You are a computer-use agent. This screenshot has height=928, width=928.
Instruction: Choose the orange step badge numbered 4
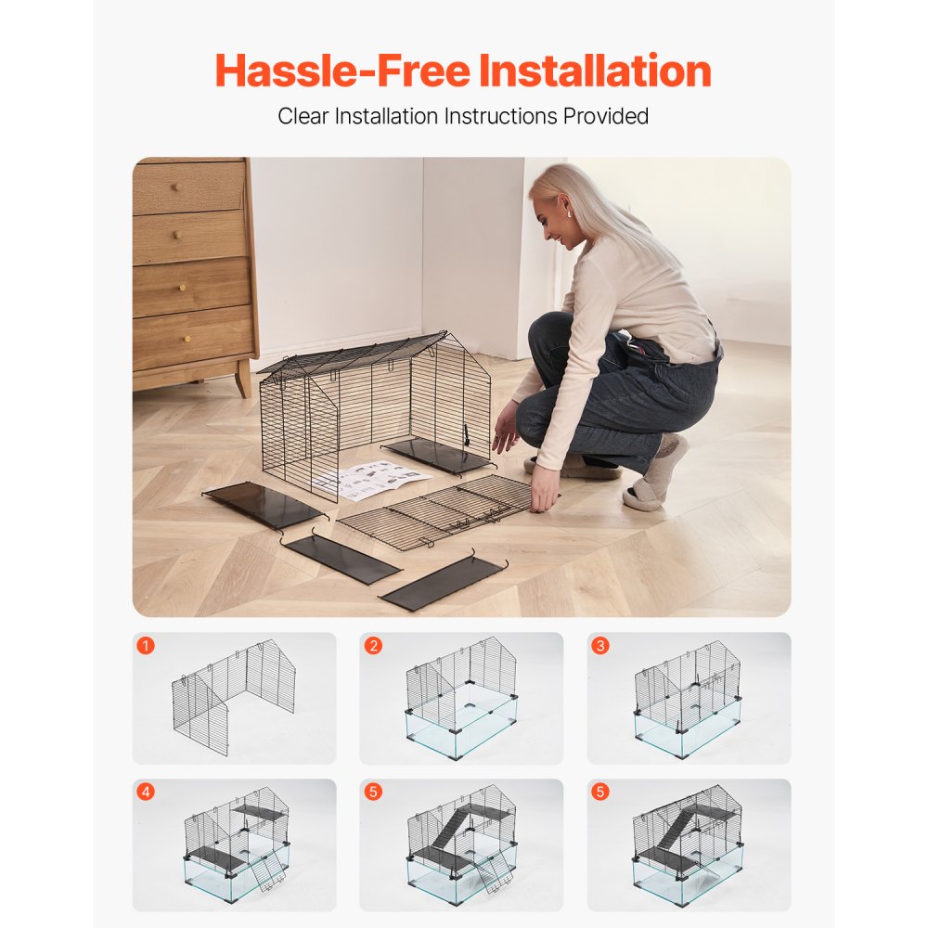(146, 793)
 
